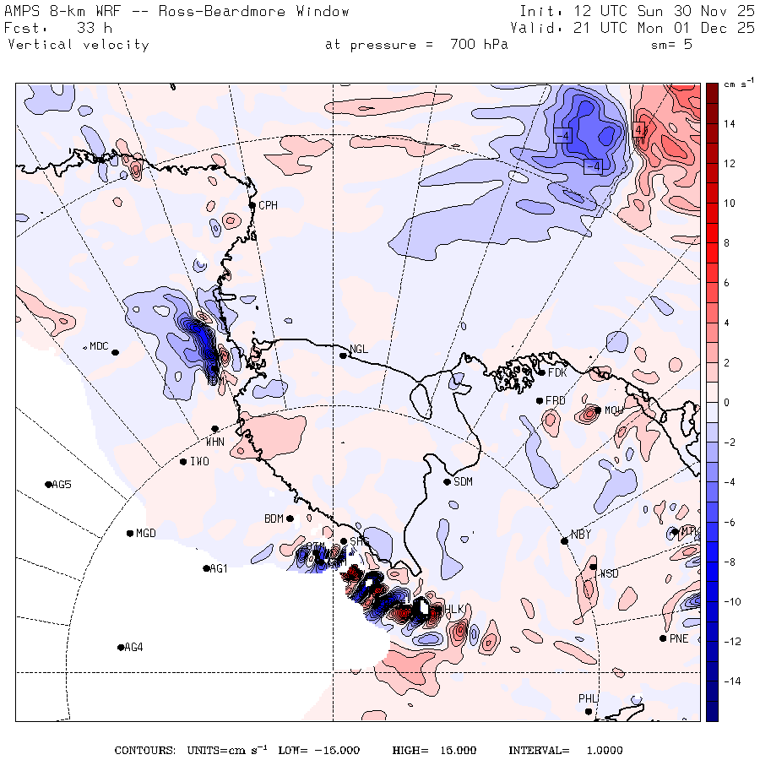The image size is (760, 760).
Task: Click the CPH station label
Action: (x=268, y=205)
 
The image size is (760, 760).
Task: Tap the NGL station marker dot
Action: (x=343, y=356)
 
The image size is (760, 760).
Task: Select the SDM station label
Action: (x=463, y=482)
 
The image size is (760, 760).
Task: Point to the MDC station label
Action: (x=99, y=346)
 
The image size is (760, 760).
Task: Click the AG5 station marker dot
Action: (x=48, y=484)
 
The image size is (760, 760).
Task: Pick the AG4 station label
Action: (x=133, y=648)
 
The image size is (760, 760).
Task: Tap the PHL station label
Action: (x=588, y=698)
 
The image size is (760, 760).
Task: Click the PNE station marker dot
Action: (x=663, y=638)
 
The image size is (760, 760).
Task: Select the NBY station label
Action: (x=580, y=534)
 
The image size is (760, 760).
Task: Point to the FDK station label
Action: (x=557, y=372)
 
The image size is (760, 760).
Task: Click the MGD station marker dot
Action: (x=130, y=533)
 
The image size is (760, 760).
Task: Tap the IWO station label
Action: (x=199, y=462)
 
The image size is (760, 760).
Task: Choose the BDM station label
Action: (x=274, y=518)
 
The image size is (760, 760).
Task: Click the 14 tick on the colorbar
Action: (x=729, y=124)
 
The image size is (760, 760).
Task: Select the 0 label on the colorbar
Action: (x=726, y=403)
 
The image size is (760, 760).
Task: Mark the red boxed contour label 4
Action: (x=638, y=129)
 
